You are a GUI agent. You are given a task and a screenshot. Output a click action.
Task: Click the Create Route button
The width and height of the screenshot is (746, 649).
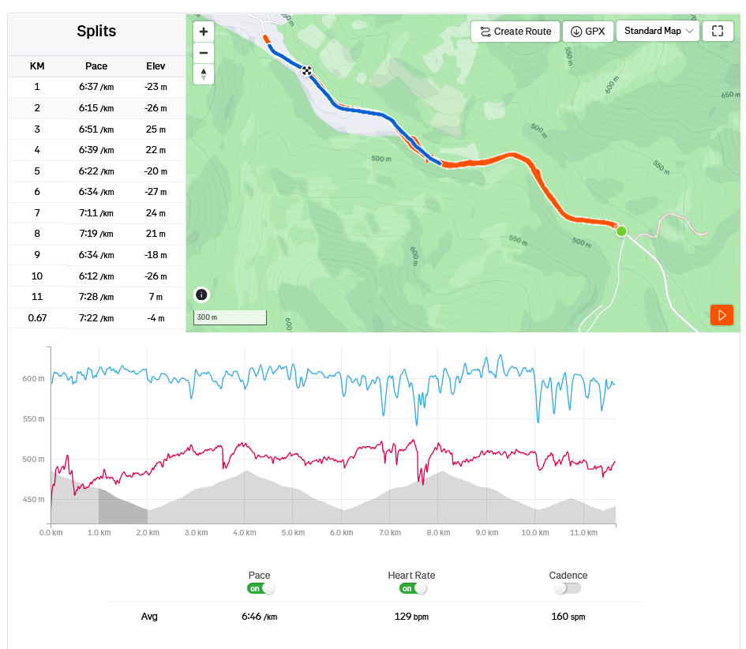pos(515,32)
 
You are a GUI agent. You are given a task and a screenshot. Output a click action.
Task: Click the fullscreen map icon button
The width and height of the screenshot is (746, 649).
pos(717,32)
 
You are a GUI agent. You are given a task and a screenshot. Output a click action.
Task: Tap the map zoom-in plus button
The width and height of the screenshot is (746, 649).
pos(204,32)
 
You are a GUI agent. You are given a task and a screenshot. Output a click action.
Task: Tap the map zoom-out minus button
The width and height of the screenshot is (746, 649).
pos(204,53)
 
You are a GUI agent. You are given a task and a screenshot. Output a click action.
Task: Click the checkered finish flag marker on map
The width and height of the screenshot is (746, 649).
pos(306,71)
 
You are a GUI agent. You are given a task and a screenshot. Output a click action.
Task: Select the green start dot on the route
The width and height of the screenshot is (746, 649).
pos(621,231)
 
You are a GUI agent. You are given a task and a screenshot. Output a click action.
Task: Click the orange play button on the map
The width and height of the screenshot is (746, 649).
pos(722,314)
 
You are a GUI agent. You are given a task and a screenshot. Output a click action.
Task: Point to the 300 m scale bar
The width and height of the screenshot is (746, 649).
pos(230,317)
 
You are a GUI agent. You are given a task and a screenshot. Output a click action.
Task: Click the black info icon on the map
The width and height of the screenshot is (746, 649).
pos(201,294)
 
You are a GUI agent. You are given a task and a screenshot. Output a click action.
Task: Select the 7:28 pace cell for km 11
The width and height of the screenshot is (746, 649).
pos(96,297)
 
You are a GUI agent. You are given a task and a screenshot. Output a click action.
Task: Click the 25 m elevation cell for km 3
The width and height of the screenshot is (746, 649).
pos(156,129)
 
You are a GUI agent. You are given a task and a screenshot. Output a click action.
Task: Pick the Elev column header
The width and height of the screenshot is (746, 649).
pos(156,66)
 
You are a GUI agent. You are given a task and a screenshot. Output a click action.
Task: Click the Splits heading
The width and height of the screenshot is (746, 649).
pos(96,32)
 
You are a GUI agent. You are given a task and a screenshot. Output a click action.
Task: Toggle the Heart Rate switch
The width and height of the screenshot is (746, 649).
pos(414,588)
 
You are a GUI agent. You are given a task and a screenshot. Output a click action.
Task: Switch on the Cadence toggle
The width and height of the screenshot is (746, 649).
pos(567,588)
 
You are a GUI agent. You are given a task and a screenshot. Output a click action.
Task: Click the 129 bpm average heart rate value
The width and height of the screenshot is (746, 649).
pos(411,616)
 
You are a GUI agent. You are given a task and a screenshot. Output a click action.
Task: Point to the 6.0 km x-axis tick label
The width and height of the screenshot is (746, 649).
pos(341,533)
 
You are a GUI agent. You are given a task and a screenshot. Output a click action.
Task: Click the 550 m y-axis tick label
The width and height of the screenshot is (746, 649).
pos(32,418)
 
